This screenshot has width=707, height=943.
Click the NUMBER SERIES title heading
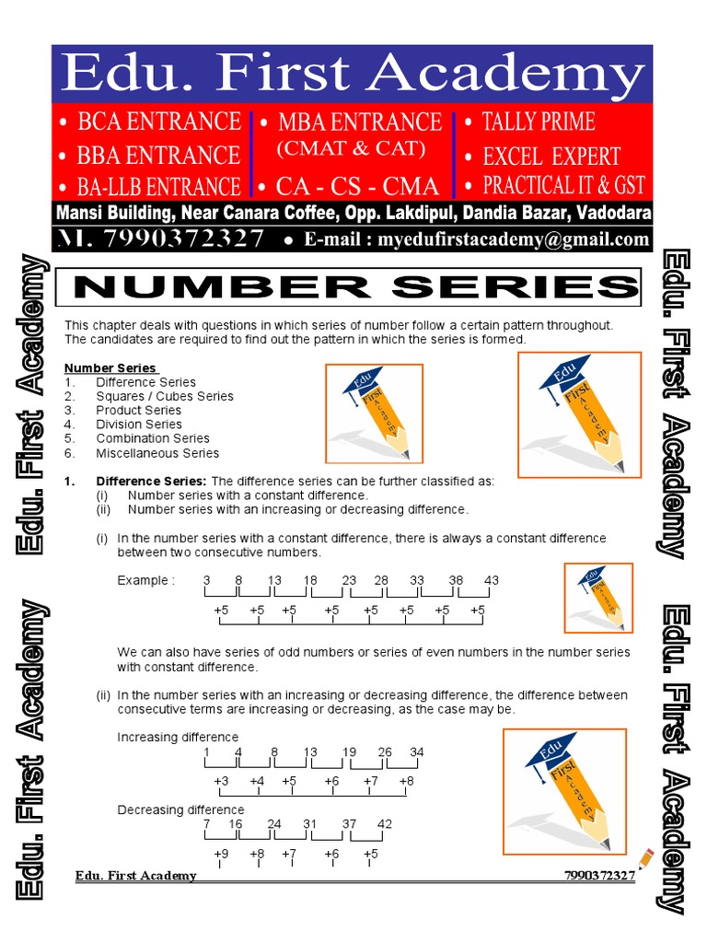click(355, 287)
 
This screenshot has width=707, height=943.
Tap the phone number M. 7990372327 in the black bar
click(161, 239)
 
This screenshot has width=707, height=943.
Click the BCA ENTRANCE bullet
click(150, 122)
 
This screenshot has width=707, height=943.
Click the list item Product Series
click(138, 410)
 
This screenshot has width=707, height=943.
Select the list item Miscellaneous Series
click(156, 453)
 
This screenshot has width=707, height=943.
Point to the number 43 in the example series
click(492, 580)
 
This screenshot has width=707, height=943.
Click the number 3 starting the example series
click(207, 580)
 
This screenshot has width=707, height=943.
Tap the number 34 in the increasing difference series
click(417, 752)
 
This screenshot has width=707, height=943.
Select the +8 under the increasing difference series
click(406, 781)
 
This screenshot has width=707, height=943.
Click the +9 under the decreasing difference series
click(221, 854)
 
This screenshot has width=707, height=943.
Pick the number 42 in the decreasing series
click(385, 823)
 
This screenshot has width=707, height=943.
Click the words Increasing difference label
click(178, 738)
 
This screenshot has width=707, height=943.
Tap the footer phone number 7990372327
click(599, 876)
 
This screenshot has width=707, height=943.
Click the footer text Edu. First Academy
click(136, 876)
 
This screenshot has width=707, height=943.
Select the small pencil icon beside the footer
click(645, 859)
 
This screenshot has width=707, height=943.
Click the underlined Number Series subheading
click(110, 368)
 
